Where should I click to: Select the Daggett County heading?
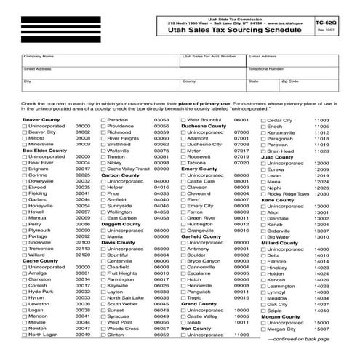click(121, 224)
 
